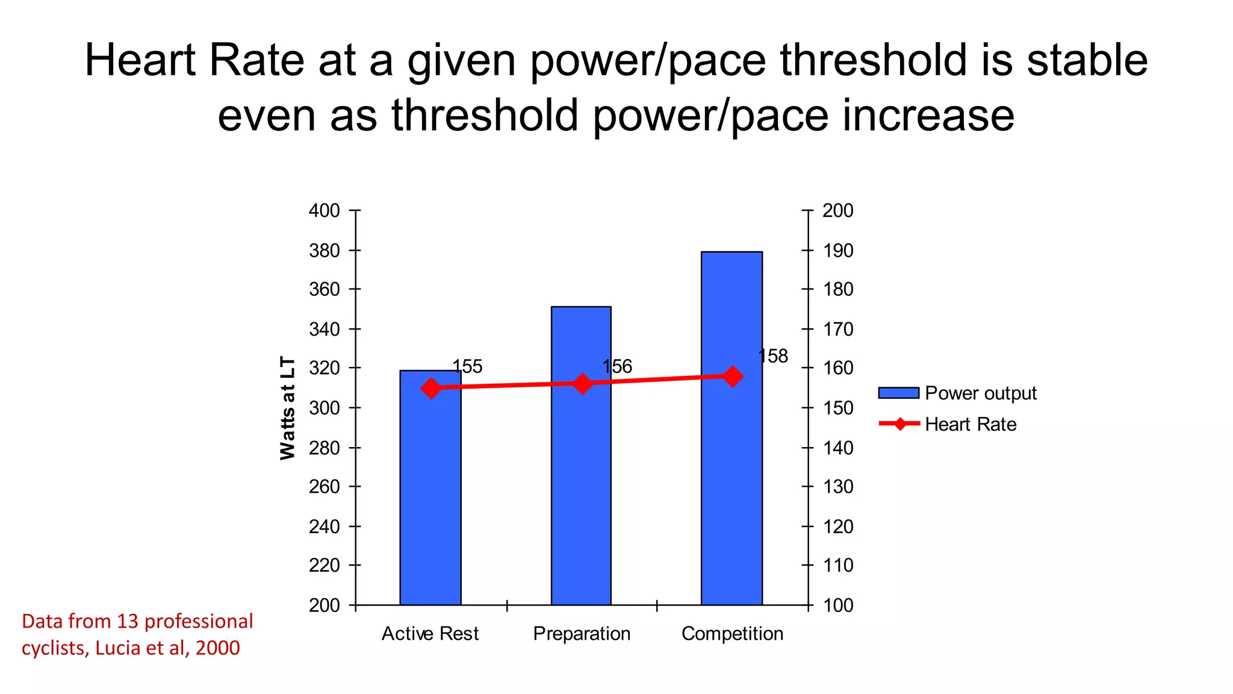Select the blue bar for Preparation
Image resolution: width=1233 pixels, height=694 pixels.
coord(581,482)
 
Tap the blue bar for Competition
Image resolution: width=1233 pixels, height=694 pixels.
coord(731,470)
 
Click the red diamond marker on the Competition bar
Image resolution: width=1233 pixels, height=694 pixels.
coord(733,377)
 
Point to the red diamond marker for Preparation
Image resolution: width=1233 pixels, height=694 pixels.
coord(582,383)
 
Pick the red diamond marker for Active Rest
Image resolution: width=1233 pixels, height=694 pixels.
coord(430,388)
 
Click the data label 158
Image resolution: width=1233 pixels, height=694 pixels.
coord(773,357)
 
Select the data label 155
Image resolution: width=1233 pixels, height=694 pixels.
coord(467,366)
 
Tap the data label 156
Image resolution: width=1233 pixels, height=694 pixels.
coord(617,366)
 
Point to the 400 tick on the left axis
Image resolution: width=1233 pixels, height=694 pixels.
coord(325,211)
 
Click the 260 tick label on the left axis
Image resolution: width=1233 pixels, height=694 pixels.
coord(325,487)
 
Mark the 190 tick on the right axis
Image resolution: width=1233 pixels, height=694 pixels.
coord(838,251)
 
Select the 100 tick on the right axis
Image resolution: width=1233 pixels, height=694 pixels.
coord(838,605)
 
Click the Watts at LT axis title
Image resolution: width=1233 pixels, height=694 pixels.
coord(288,408)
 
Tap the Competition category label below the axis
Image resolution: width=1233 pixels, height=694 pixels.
coord(732,634)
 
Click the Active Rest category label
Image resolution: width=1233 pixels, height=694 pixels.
coord(430,634)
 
